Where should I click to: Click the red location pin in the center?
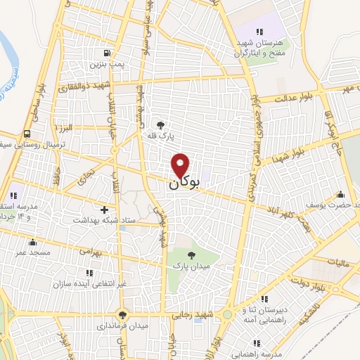click(181, 166)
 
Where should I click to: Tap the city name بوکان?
click(185, 183)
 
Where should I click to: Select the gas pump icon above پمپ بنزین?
click(106, 53)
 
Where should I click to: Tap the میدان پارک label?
click(192, 267)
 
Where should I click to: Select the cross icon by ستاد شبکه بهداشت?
click(105, 210)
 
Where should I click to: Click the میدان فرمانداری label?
click(123, 326)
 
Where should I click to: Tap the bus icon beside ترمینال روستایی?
click(27, 134)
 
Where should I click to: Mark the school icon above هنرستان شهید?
click(260, 31)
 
